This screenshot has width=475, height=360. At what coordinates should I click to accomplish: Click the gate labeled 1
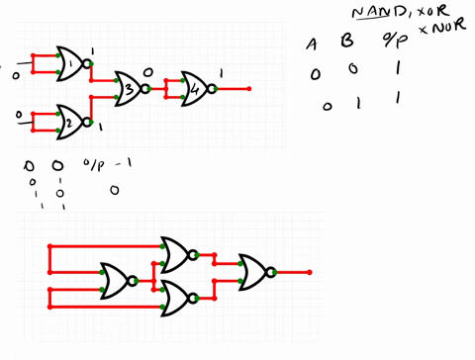71,64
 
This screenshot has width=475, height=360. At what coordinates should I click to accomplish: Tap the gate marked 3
129,90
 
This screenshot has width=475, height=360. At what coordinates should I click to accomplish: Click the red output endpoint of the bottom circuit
310,272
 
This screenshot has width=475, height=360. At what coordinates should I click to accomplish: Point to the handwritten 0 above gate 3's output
148,72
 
